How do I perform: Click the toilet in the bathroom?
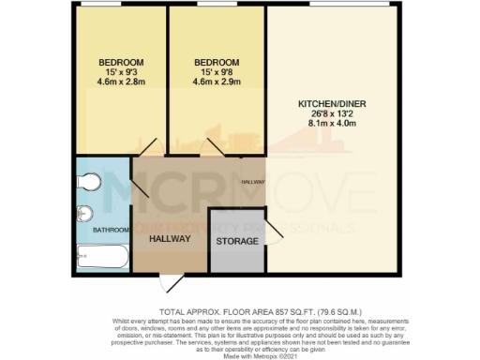click(87, 179)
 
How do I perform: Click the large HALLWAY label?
click(169, 239)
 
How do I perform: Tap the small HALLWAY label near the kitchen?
click(253, 181)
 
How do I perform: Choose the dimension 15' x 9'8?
click(216, 72)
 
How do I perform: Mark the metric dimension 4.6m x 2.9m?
click(216, 82)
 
